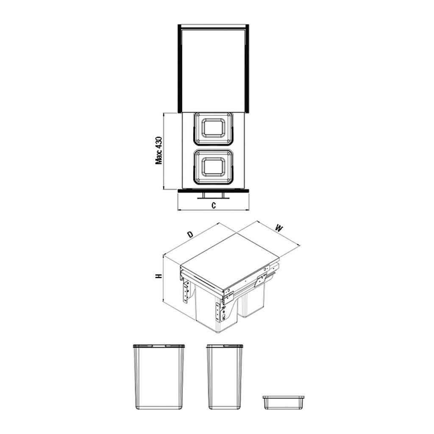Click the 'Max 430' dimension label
(159, 150)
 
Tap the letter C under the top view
(214, 206)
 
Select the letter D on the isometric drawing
(190, 235)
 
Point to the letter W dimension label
(279, 228)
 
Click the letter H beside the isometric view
(159, 276)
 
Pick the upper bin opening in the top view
(213, 128)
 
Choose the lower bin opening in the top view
(213, 167)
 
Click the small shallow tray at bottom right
(284, 402)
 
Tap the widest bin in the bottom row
(159, 377)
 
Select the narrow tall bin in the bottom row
(225, 377)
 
